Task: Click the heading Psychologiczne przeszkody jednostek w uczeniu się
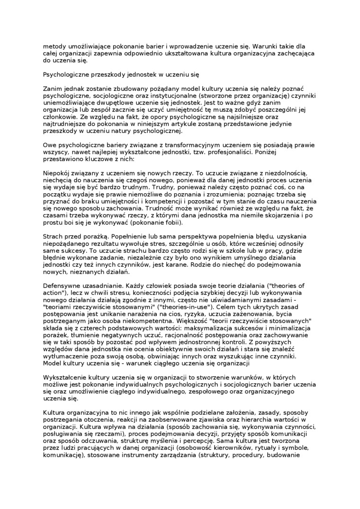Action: tap(121, 75)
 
